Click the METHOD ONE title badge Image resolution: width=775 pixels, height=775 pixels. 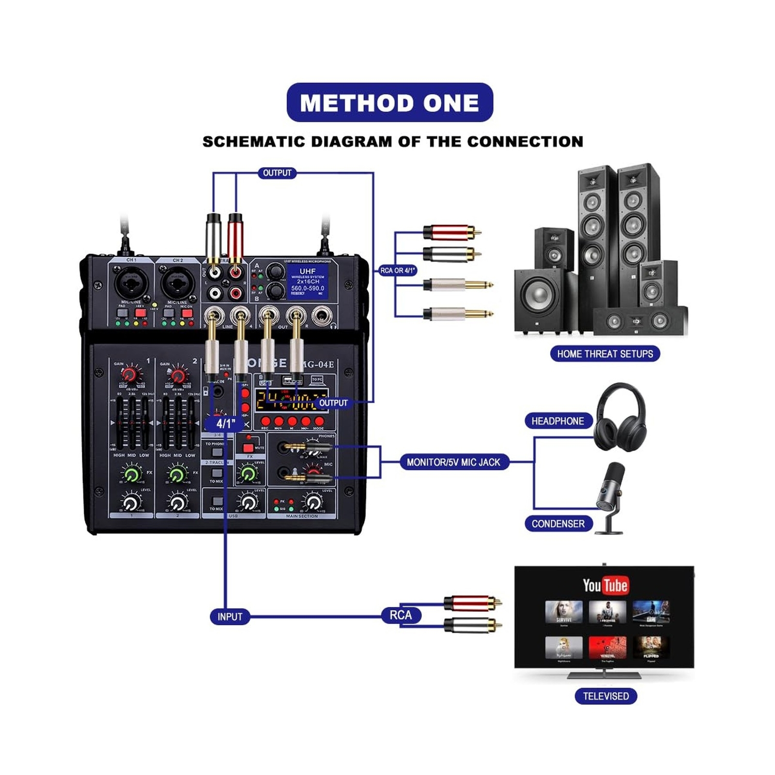click(x=389, y=103)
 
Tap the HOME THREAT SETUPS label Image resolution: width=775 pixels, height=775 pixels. click(x=604, y=354)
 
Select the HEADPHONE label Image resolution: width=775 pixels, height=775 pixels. click(x=558, y=421)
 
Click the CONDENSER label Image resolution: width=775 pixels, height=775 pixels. click(x=558, y=524)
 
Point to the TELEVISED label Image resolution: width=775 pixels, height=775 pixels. click(x=605, y=696)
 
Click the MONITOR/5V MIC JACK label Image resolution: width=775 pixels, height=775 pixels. click(x=453, y=462)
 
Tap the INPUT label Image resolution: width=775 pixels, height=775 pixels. click(x=230, y=617)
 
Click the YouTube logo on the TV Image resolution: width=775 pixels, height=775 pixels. click(x=605, y=585)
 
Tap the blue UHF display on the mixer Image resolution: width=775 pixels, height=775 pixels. click(x=308, y=281)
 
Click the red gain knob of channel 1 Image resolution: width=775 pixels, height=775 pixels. click(x=129, y=374)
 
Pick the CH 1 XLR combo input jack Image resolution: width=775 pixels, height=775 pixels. click(x=131, y=283)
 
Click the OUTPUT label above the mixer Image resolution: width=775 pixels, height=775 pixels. click(x=277, y=173)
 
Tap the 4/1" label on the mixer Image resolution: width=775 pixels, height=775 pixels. click(x=226, y=423)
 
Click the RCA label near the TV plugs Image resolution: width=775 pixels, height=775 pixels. click(x=401, y=615)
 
